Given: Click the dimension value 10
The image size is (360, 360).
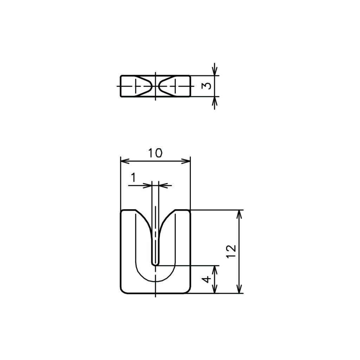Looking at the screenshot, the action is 155,153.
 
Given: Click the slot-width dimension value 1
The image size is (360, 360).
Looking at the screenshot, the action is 133,178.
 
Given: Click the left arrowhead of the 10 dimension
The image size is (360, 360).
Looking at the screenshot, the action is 124,161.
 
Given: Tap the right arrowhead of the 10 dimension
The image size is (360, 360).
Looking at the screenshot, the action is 186,161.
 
